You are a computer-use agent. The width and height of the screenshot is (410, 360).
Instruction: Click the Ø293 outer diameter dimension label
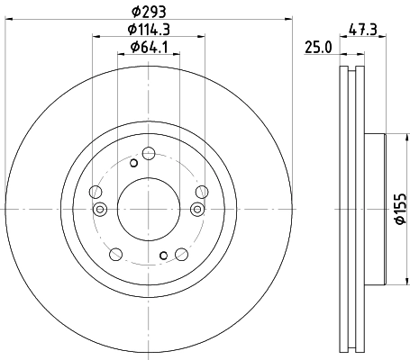click(x=148, y=13)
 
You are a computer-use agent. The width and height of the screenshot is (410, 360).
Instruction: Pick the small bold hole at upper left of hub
click(x=133, y=163)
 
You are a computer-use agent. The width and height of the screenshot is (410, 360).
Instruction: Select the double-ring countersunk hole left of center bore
click(x=99, y=210)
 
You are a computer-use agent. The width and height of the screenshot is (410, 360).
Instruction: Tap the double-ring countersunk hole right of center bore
click(x=196, y=210)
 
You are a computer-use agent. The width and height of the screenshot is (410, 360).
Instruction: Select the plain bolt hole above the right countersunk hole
click(x=201, y=190)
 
